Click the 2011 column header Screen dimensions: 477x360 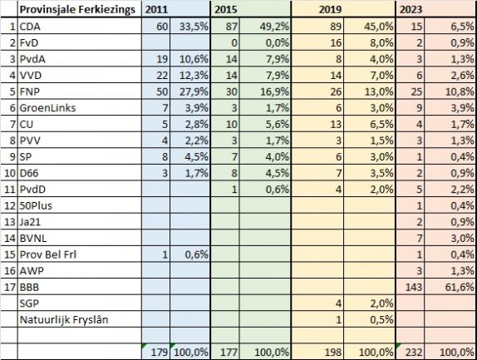coord(156,9)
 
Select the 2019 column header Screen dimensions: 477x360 coord(331,9)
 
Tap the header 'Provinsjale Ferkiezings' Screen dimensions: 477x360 coord(77,10)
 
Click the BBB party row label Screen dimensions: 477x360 coord(30,287)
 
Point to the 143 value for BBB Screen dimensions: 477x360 coord(414,287)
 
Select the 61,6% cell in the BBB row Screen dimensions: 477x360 coord(460,287)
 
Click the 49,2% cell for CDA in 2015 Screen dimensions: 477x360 coord(274,27)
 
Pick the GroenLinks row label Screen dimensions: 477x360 coord(47,108)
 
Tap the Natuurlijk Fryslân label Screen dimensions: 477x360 coord(64,319)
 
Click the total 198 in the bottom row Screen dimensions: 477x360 coord(332,352)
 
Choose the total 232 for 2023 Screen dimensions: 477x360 coord(414,352)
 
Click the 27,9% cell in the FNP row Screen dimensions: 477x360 coord(194,91)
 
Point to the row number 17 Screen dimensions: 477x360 coord(9,287)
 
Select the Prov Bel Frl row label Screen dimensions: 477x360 coord(48,254)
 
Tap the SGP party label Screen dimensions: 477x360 coord(29,303)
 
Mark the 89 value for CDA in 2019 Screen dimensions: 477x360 coord(336,27)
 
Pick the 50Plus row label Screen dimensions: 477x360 coord(36,205)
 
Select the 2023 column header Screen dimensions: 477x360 coord(411,9)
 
